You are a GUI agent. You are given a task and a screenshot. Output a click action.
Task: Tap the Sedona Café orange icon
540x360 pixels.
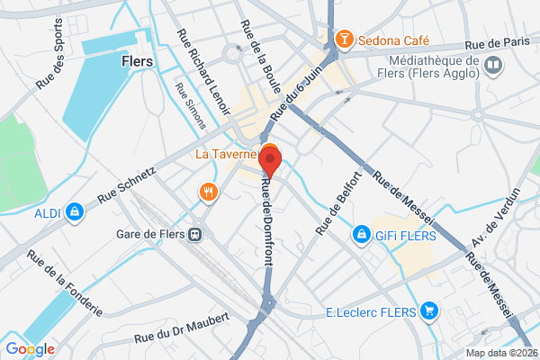click(343, 40)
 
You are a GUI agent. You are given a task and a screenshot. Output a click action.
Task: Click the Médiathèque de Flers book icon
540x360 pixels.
click(492, 63)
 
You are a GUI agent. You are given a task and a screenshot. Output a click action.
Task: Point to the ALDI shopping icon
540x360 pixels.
click(75, 212)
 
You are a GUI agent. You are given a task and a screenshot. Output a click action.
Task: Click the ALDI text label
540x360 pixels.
click(47, 213)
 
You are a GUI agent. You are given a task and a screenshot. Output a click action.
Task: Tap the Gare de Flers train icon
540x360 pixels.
click(194, 234)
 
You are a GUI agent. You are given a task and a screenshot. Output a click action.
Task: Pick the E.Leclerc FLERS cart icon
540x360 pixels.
click(430, 312)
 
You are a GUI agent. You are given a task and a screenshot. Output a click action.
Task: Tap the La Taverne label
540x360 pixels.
click(229, 154)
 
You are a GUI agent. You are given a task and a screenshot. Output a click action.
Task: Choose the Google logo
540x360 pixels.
click(30, 348)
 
